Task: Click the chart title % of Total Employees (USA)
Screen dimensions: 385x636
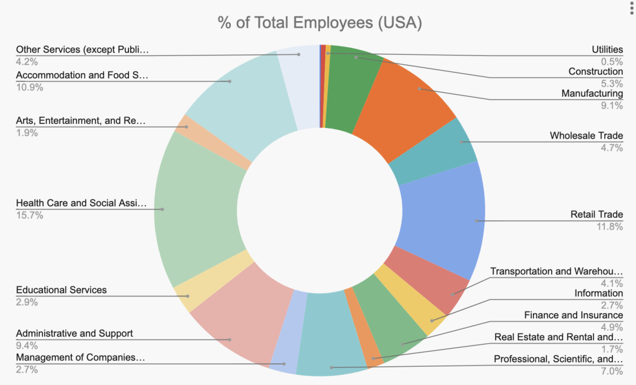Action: [x=320, y=23]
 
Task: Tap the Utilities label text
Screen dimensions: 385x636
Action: [x=607, y=50]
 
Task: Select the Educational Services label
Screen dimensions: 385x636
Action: [x=61, y=290]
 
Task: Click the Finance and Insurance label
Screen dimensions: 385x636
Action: [x=573, y=315]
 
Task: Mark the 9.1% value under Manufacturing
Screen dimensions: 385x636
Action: [x=612, y=106]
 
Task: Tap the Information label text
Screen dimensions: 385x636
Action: [x=598, y=294]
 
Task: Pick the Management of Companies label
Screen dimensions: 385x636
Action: [x=80, y=358]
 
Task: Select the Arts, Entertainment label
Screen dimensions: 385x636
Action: [x=80, y=121]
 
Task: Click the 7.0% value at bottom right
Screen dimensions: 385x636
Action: [x=612, y=371]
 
